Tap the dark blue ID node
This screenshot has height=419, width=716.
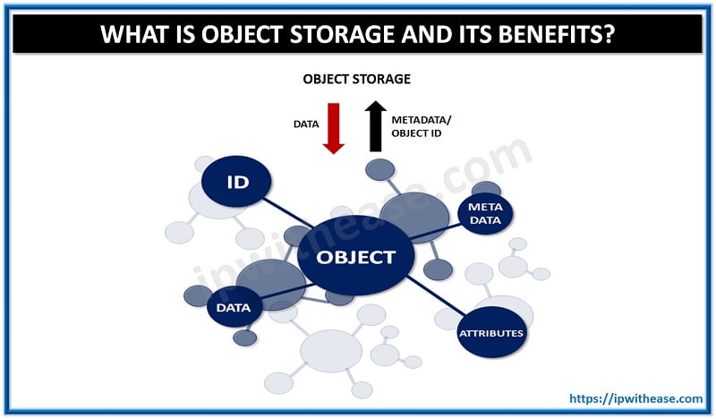point(236,183)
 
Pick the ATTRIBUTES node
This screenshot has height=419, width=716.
point(490,333)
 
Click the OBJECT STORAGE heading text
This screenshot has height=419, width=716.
point(356,79)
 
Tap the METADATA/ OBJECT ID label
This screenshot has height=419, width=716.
point(422,126)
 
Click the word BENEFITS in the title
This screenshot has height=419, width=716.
point(546,35)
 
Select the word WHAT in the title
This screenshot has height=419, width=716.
point(136,35)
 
